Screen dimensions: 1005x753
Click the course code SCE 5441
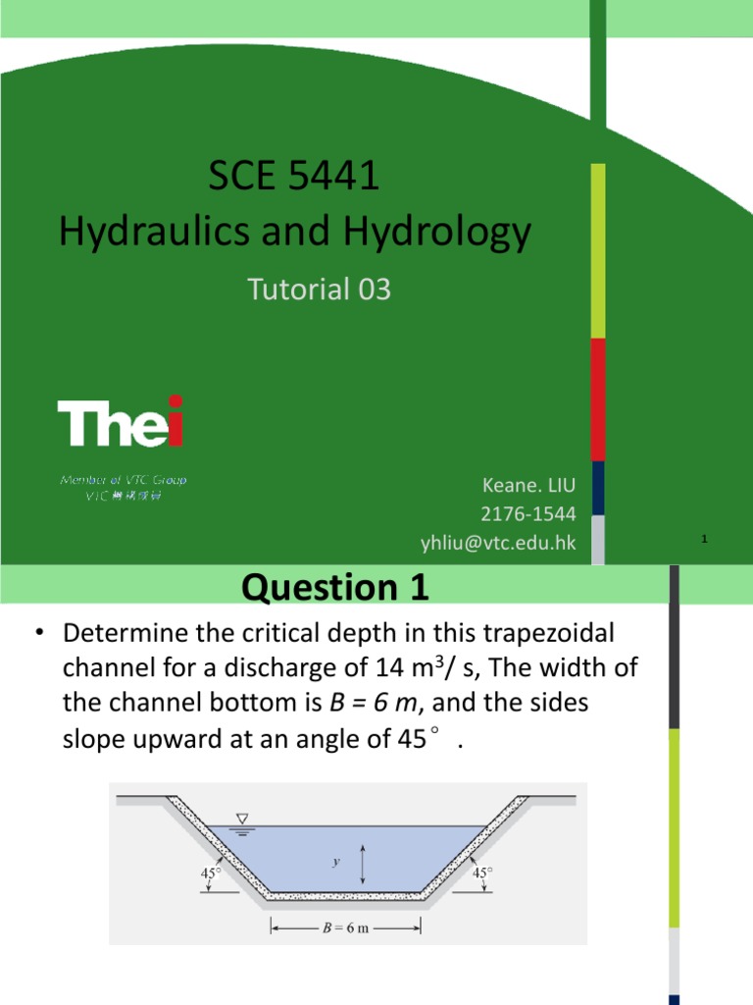point(294,179)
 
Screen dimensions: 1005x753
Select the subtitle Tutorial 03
point(320,290)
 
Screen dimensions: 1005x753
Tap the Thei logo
point(121,422)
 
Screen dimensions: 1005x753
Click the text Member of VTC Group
point(124,480)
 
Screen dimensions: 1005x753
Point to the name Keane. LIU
point(528,485)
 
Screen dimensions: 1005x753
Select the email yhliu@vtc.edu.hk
point(498,543)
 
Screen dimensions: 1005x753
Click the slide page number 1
point(706,539)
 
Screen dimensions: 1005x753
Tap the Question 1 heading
point(334,588)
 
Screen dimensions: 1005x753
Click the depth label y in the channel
point(336,862)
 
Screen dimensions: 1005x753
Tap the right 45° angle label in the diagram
point(481,871)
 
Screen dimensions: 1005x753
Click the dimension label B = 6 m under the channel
point(347,926)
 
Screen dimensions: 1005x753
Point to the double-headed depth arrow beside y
point(364,864)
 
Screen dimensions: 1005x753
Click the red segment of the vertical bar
point(597,399)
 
